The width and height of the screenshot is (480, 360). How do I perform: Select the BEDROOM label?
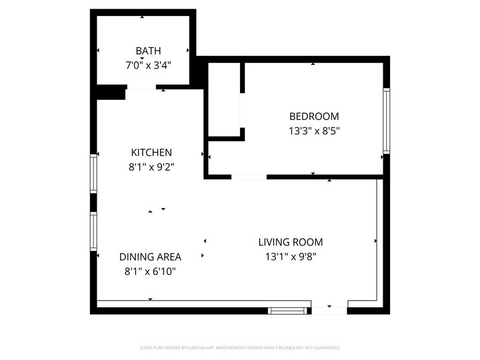[313, 116]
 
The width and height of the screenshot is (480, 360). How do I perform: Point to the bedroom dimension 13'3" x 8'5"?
[313, 130]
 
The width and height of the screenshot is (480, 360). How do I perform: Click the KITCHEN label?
[151, 152]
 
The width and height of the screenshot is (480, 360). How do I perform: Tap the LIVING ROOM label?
[290, 242]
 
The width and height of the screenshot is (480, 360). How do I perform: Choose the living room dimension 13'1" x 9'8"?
[290, 257]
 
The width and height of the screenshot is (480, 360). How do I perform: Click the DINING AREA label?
[150, 257]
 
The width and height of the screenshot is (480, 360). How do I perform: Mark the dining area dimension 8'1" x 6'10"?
[150, 271]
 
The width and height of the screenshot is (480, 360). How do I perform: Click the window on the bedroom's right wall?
[386, 121]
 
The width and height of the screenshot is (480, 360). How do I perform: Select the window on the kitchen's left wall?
[94, 173]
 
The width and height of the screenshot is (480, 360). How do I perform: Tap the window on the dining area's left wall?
[94, 232]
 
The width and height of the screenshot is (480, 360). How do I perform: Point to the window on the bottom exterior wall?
[288, 311]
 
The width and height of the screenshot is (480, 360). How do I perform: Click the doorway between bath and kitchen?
[141, 91]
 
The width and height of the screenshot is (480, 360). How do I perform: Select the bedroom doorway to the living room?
[249, 177]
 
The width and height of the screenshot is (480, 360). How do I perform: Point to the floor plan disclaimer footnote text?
[240, 347]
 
